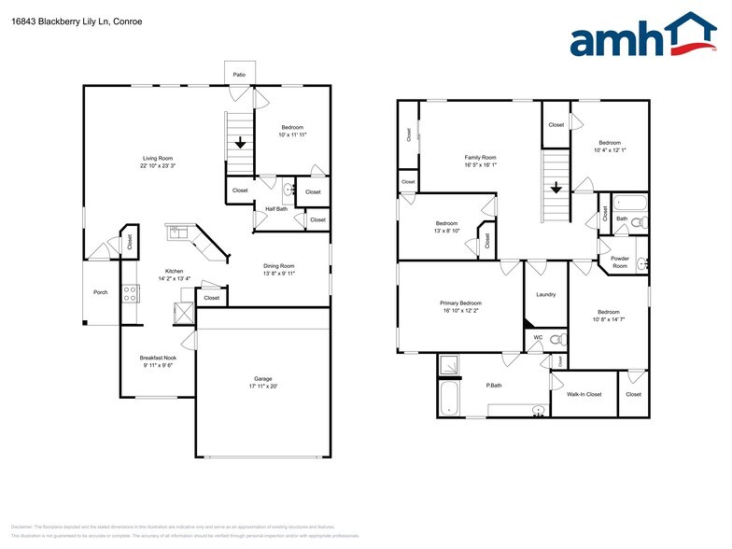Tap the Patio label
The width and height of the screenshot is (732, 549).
pyautogui.click(x=240, y=73)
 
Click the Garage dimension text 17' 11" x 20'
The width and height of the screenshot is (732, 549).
pyautogui.click(x=263, y=386)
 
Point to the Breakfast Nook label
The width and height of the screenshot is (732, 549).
pyautogui.click(x=158, y=358)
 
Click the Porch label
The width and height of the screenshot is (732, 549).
pyautogui.click(x=101, y=292)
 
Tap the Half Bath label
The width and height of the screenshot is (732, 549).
pyautogui.click(x=276, y=208)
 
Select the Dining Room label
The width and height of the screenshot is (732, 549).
pyautogui.click(x=278, y=266)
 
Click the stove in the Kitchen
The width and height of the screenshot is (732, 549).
pyautogui.click(x=131, y=294)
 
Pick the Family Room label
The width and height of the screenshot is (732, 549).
pyautogui.click(x=481, y=158)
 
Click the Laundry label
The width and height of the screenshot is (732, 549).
pyautogui.click(x=546, y=295)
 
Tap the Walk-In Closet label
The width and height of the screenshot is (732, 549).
pyautogui.click(x=584, y=394)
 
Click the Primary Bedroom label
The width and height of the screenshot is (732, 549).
pyautogui.click(x=461, y=303)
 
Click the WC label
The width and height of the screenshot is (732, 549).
pyautogui.click(x=538, y=338)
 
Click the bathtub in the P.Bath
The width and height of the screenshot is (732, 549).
pyautogui.click(x=449, y=398)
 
